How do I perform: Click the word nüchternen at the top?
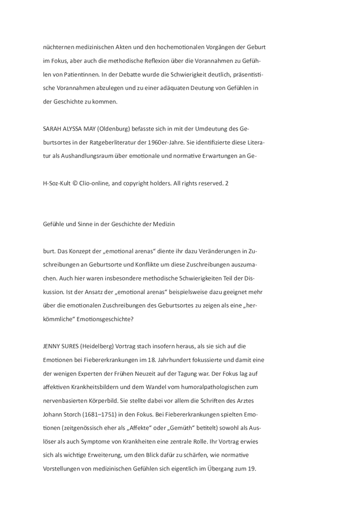(x=59, y=47)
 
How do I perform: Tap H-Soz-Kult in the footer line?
(x=57, y=183)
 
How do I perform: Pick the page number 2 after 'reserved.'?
(x=227, y=183)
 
